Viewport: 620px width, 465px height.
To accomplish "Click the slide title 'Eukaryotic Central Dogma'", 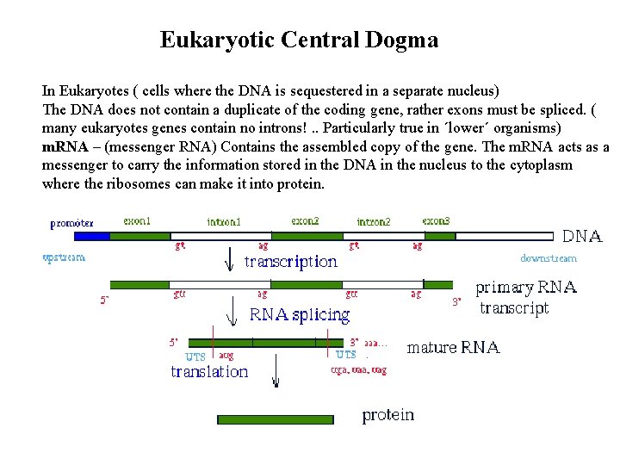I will pos(299,40).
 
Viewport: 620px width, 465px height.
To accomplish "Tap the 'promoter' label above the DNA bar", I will pos(72,223).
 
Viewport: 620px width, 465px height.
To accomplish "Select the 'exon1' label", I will pos(137,221).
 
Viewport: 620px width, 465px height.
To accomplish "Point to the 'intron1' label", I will pos(224,221).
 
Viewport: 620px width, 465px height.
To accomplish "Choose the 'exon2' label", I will pos(305,221).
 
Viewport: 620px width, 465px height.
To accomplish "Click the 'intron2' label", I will pos(374,222).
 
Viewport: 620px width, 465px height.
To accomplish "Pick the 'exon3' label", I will pos(436,221).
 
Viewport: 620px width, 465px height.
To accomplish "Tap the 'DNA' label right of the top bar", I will pos(582,236).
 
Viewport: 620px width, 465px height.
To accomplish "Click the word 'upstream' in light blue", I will pos(64,257).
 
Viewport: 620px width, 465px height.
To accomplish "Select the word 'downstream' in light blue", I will pos(549,257).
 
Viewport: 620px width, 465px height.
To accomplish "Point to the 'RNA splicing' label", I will pos(300,314).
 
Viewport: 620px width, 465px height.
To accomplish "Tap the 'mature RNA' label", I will pos(453,348).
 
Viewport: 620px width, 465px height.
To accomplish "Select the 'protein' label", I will pos(388,415).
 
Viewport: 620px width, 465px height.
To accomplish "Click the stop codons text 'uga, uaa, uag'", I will pos(359,370).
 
